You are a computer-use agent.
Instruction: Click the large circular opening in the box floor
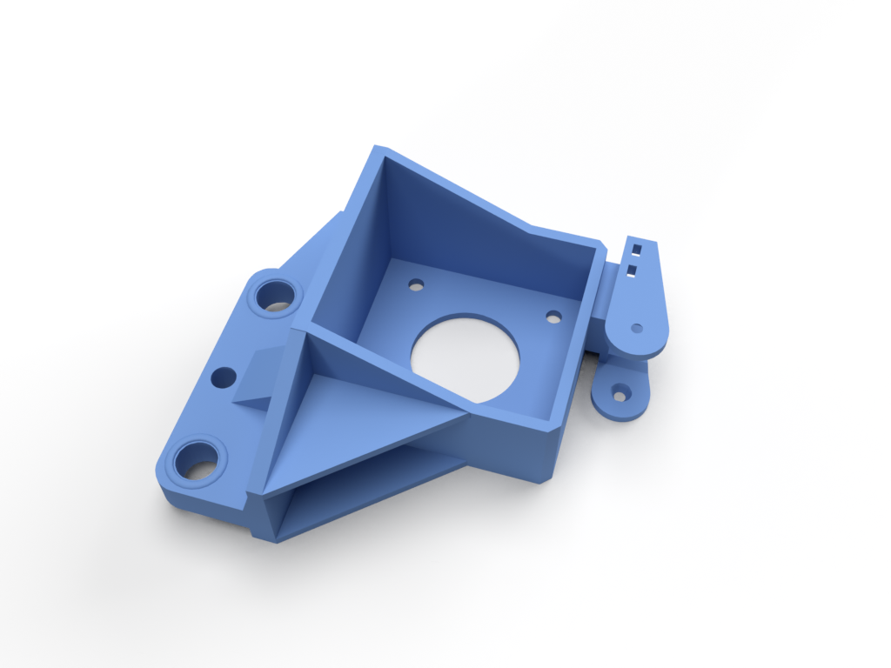pos(465,357)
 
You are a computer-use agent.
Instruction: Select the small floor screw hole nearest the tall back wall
pos(417,284)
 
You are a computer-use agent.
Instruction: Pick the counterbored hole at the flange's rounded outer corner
pos(198,462)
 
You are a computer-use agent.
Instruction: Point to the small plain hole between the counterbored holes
pos(224,377)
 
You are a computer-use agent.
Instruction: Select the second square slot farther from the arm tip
pos(633,269)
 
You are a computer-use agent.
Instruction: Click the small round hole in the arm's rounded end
pos(637,329)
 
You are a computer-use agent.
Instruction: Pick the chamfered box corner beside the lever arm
pos(548,452)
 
